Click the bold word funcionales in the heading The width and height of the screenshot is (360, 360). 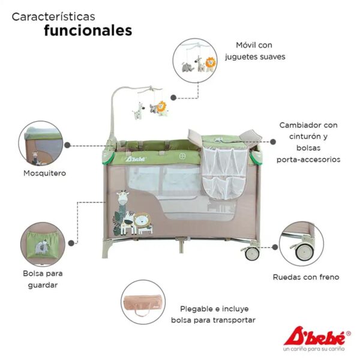pos(88,31)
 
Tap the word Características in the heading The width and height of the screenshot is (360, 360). pos(53,17)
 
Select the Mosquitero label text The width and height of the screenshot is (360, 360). pos(45,173)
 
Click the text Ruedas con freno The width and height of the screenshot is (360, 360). pos(306,277)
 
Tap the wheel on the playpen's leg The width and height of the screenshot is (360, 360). pos(252,253)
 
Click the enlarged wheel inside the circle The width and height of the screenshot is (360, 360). pos(304,252)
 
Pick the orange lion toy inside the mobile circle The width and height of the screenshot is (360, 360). pos(211,64)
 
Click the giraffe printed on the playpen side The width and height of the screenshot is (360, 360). pos(122,203)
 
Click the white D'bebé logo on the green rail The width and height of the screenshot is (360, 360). pos(136,158)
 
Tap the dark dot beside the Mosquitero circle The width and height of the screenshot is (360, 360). pos(67,145)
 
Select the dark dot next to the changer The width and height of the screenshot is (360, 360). pos(273,142)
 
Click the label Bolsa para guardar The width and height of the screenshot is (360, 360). pos(43,279)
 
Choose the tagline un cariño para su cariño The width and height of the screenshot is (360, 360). pos(314,349)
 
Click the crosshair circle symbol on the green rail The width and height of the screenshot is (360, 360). pos(182,156)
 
